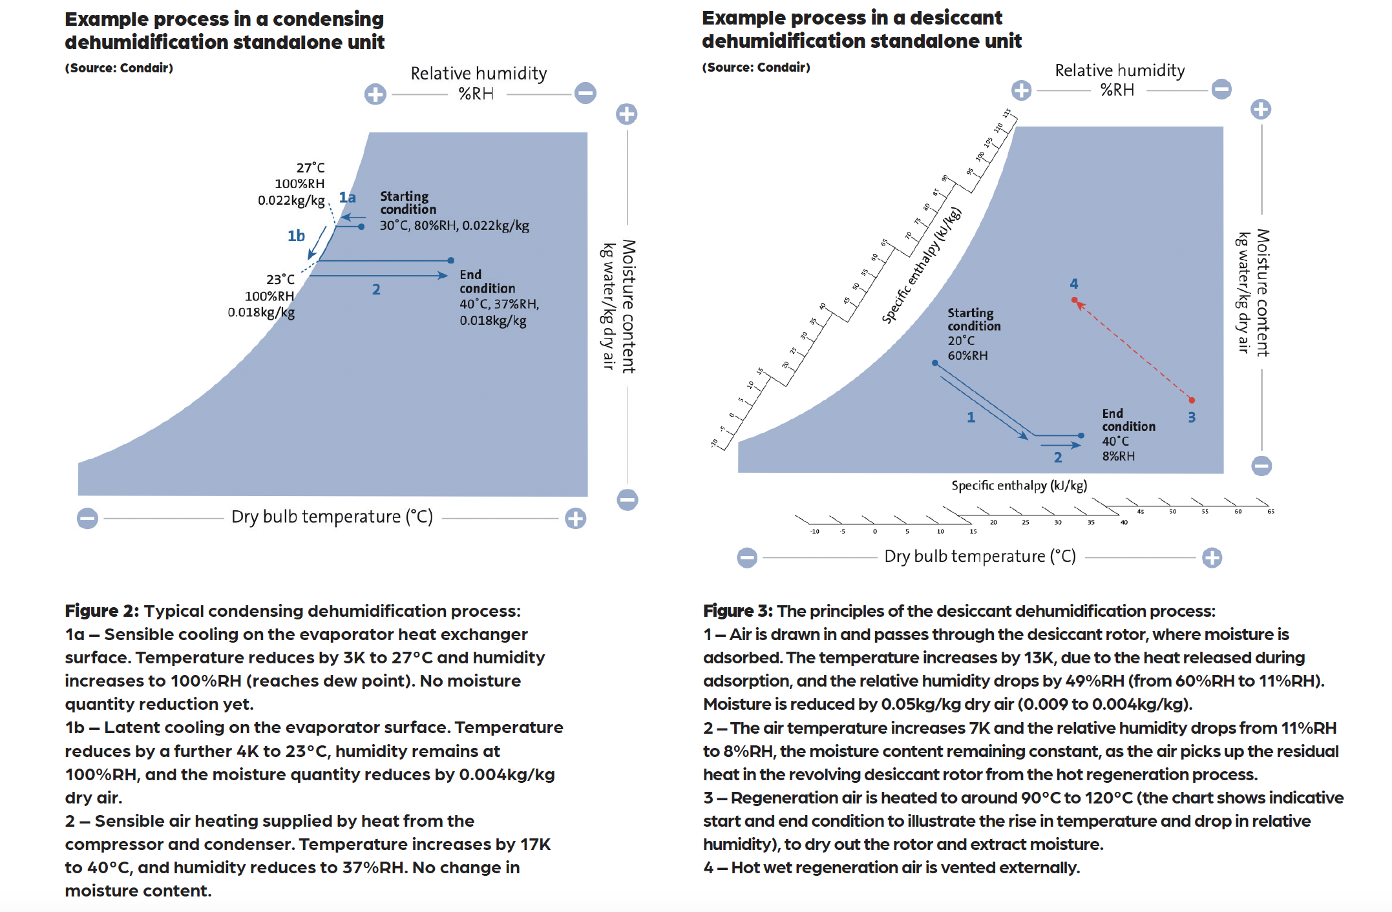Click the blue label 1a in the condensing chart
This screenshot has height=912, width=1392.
click(348, 198)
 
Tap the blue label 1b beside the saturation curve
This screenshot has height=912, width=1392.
click(296, 236)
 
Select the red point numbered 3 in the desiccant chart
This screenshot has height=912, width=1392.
click(1192, 400)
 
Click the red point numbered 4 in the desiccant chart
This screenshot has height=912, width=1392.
click(1075, 300)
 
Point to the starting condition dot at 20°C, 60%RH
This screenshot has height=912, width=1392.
click(934, 363)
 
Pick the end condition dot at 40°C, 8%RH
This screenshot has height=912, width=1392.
click(1081, 436)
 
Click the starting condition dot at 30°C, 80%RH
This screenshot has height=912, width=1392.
click(361, 227)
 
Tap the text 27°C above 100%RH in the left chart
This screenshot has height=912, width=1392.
click(310, 168)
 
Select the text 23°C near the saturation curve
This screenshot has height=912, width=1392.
click(280, 280)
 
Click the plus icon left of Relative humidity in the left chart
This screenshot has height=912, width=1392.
click(375, 94)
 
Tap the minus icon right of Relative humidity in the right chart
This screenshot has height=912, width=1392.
click(1221, 89)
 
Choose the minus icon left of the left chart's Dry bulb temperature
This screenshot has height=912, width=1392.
click(87, 518)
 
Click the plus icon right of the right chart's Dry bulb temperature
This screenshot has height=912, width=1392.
click(1212, 557)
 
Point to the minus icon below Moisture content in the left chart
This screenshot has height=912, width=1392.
click(627, 499)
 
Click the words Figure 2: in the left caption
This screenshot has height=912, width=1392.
click(101, 611)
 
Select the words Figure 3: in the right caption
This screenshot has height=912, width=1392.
click(737, 611)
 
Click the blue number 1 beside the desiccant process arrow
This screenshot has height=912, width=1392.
click(971, 418)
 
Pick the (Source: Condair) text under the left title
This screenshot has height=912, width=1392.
click(119, 68)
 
